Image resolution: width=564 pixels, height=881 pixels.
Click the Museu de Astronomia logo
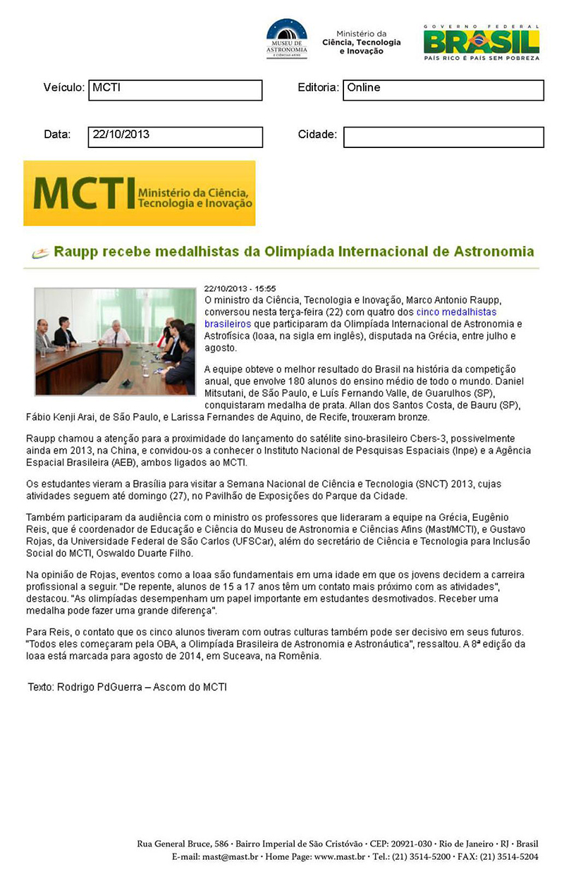tap(286, 39)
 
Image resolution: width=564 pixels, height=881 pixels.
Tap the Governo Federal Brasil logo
tap(482, 42)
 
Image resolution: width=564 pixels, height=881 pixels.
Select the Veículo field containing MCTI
tap(175, 90)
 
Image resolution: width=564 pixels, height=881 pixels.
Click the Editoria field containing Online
tap(443, 90)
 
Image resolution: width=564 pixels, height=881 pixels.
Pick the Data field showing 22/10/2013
tap(175, 137)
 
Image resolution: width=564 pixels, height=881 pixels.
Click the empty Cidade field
tap(443, 137)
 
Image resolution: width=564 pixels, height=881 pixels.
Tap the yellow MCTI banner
tap(140, 193)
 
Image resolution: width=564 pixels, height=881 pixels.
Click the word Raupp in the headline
tap(73, 252)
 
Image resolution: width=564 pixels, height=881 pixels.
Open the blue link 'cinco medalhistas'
tap(456, 312)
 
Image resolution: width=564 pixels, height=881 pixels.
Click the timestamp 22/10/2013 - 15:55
tap(240, 288)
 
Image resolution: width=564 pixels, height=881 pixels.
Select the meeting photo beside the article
tap(115, 341)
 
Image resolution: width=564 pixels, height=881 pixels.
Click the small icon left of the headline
tap(40, 253)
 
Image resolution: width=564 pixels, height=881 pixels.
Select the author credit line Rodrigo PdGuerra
tap(127, 686)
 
